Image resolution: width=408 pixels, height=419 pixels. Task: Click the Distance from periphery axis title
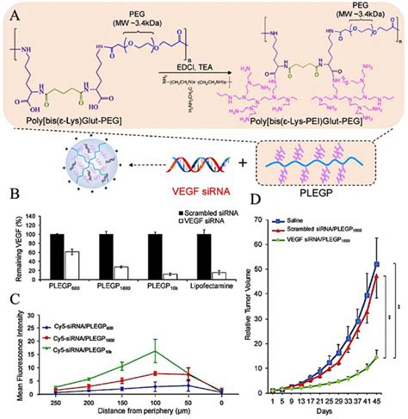tap(126, 412)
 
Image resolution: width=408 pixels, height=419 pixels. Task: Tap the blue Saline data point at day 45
tap(377, 264)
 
